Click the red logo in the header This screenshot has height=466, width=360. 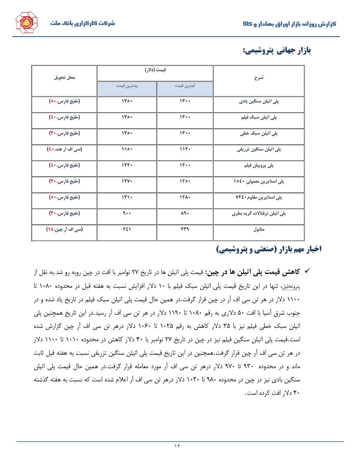point(26,23)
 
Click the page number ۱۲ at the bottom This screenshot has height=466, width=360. point(177,446)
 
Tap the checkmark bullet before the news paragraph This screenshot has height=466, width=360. point(307,271)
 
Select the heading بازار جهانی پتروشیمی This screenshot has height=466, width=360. point(276,50)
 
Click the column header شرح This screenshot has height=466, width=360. point(259,77)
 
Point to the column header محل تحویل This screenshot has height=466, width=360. point(64,77)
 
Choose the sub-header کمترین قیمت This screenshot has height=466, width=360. point(185,86)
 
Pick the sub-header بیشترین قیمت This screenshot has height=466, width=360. point(127,86)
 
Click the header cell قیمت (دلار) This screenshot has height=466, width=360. point(155,70)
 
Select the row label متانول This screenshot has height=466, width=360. point(259,229)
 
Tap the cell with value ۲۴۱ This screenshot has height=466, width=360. point(127,229)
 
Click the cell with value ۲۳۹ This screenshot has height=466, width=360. point(185,229)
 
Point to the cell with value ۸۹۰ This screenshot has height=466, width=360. point(185,213)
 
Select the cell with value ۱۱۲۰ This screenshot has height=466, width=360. point(185,149)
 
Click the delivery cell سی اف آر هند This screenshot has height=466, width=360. point(64,149)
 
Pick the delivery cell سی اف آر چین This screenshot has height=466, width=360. point(64,229)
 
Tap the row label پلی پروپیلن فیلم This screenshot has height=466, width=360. point(259,165)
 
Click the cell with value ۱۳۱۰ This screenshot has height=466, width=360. point(127,197)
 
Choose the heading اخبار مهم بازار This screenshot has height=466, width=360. point(269,249)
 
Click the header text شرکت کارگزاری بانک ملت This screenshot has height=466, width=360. point(83,23)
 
